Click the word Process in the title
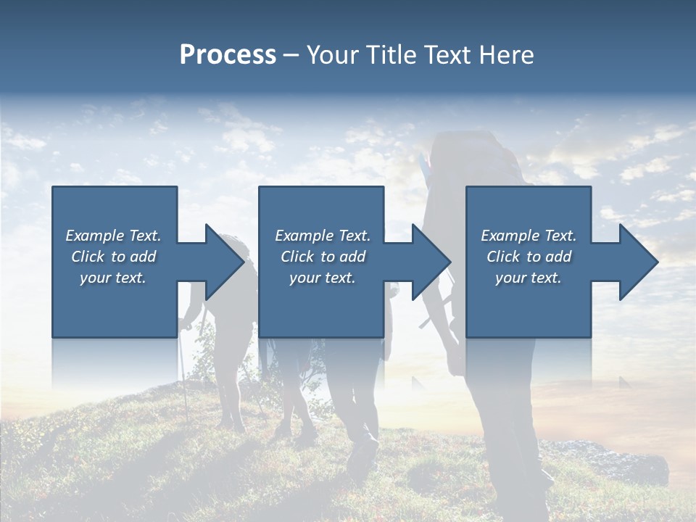click(228, 55)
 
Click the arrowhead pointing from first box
click(225, 262)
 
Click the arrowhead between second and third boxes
click(431, 262)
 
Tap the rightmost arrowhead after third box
click(638, 262)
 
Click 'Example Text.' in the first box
click(113, 236)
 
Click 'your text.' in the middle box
click(322, 278)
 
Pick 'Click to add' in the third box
click(529, 257)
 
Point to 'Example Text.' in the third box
click(529, 236)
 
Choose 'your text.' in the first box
click(113, 278)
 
